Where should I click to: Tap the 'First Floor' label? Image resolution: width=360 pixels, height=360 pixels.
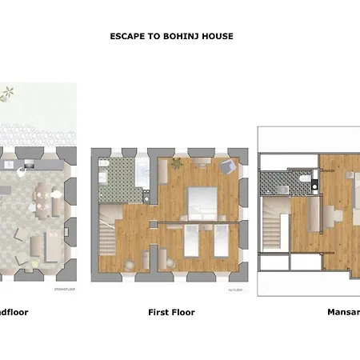click(x=171, y=312)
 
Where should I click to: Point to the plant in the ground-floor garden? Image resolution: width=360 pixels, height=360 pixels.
click(x=7, y=95)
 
